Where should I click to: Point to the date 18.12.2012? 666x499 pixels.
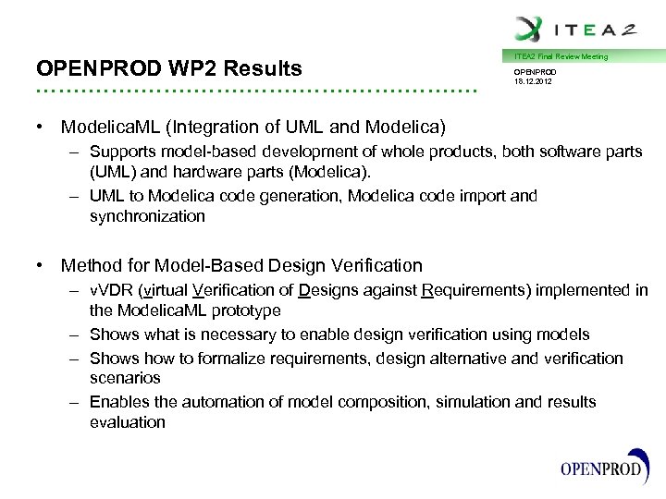pyautogui.click(x=536, y=80)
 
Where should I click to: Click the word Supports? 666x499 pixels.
pyautogui.click(x=122, y=152)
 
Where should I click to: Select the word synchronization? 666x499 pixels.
pyautogui.click(x=147, y=216)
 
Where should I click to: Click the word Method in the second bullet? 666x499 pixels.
pyautogui.click(x=91, y=266)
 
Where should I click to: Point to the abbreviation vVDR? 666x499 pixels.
pyautogui.click(x=111, y=291)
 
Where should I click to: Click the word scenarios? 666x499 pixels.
pyautogui.click(x=125, y=378)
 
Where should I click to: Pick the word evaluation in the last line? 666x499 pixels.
pyautogui.click(x=128, y=422)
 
